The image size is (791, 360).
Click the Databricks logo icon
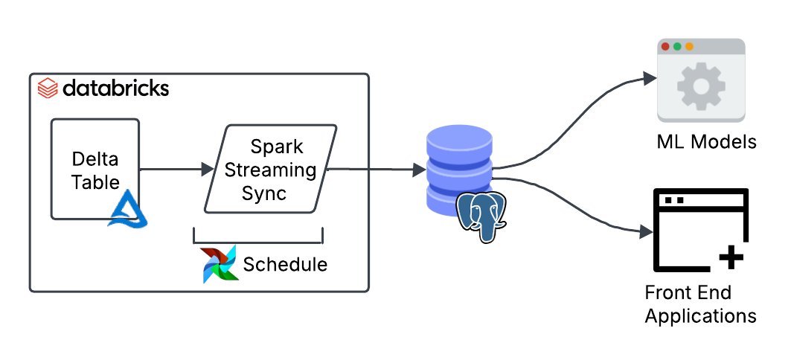pyautogui.click(x=48, y=89)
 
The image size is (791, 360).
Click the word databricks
pyautogui.click(x=115, y=89)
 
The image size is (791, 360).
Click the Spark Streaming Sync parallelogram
pyautogui.click(x=270, y=169)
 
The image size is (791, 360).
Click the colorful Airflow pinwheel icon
pyautogui.click(x=220, y=263)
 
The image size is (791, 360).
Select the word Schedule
pyautogui.click(x=285, y=264)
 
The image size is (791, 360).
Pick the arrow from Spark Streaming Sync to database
pyautogui.click(x=372, y=170)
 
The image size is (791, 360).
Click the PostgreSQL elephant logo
pyautogui.click(x=481, y=216)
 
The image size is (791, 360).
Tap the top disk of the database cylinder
pyautogui.click(x=460, y=142)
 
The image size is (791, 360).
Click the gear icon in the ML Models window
pyautogui.click(x=700, y=86)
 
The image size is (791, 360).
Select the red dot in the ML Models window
pyautogui.click(x=665, y=46)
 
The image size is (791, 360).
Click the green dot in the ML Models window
pyautogui.click(x=677, y=46)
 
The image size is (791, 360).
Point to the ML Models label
pyautogui.click(x=706, y=141)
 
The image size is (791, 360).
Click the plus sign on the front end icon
pyautogui.click(x=731, y=258)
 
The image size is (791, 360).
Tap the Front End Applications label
pyautogui.click(x=700, y=303)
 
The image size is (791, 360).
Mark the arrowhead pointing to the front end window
pyautogui.click(x=646, y=233)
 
